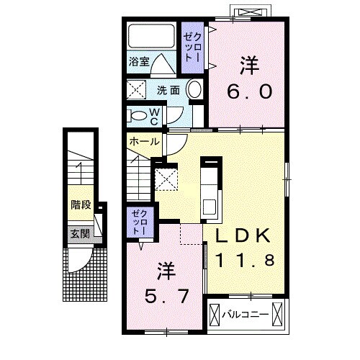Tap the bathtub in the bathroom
[x=151, y=39]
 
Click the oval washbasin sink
[x=194, y=90]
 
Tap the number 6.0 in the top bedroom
[x=249, y=92]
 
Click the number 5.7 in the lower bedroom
[x=166, y=296]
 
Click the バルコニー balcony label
[x=245, y=315]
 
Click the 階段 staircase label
[x=81, y=204]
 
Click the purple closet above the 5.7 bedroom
[x=138, y=222]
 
